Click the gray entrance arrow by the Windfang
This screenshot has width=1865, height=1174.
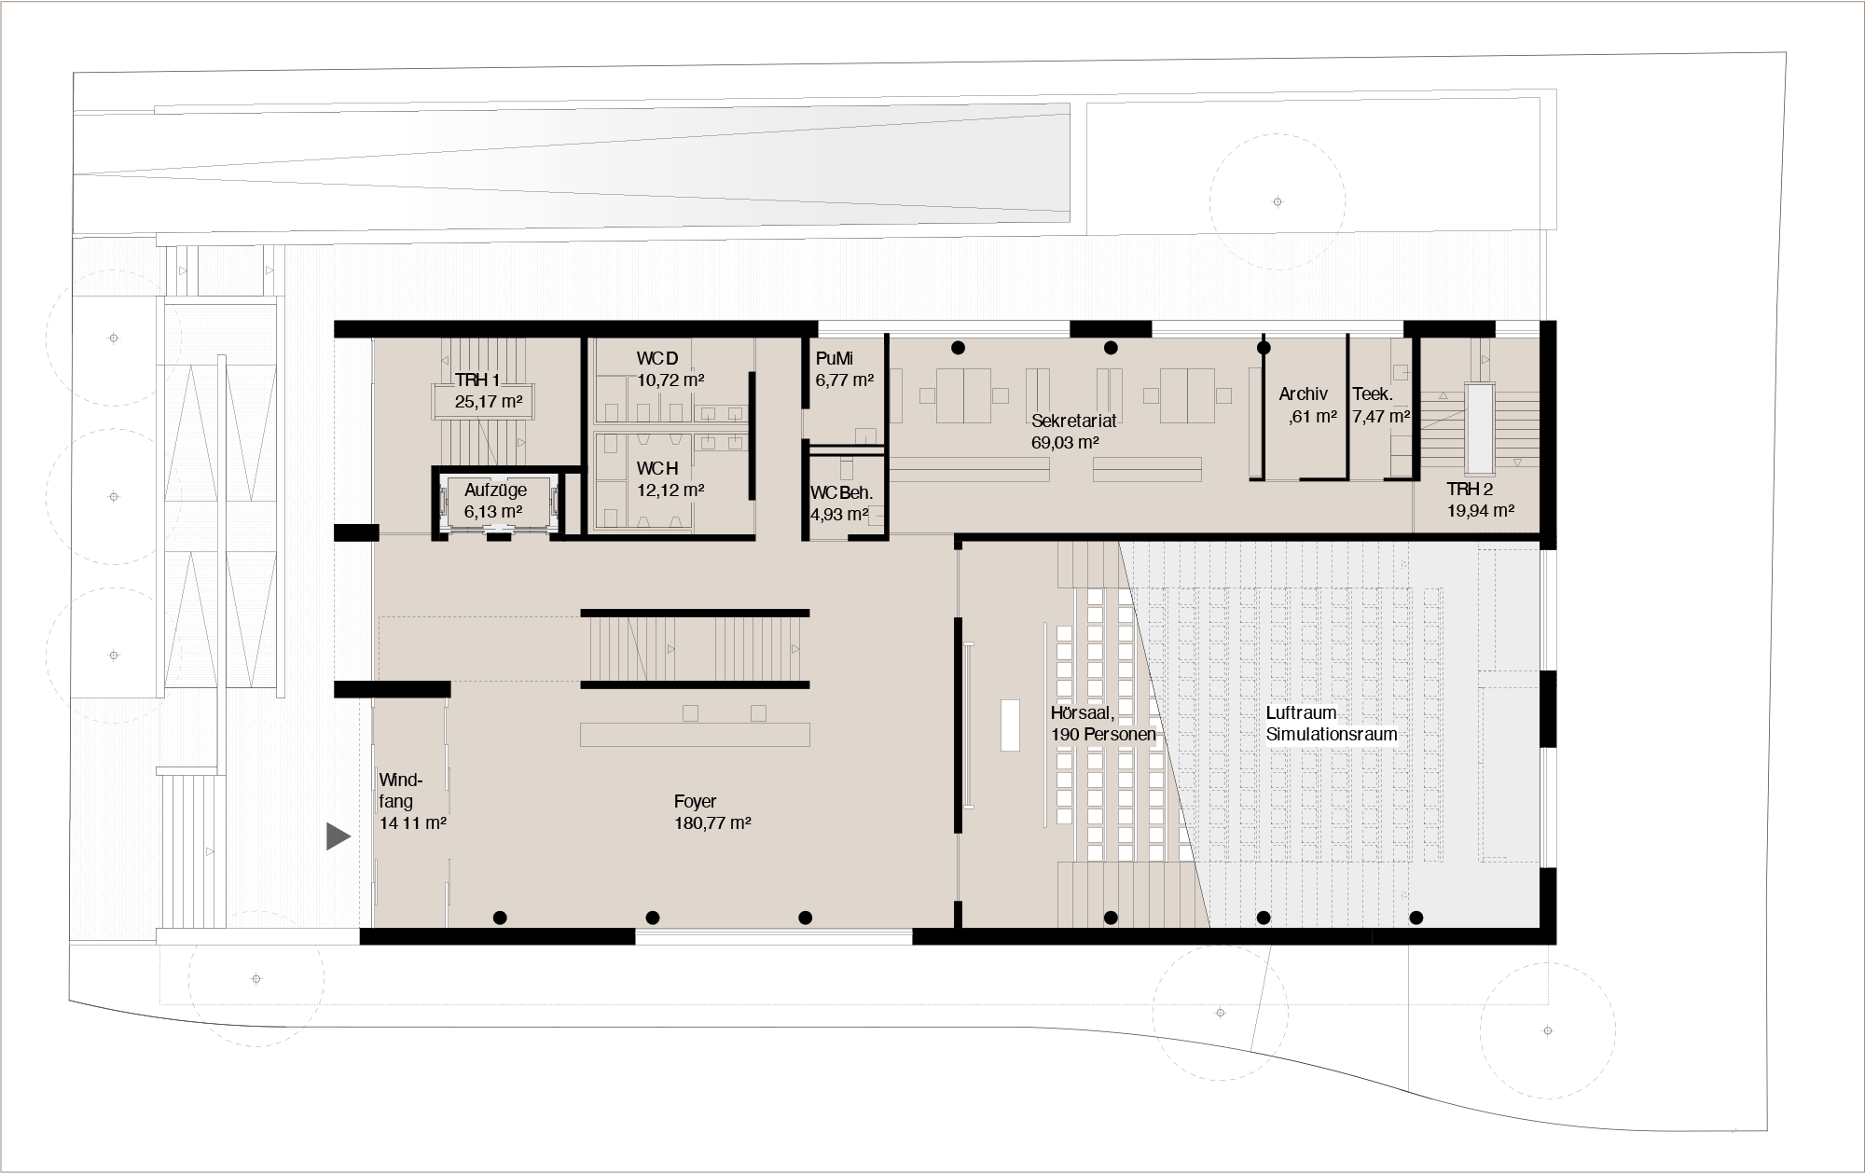(x=338, y=837)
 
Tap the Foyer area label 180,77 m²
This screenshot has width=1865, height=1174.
(x=712, y=823)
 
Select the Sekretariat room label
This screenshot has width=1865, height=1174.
(x=1074, y=421)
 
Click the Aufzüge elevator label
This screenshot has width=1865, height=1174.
(x=495, y=490)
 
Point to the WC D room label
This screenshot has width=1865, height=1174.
(x=657, y=359)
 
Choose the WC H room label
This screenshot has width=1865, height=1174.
(x=657, y=468)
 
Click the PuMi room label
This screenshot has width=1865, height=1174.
(x=835, y=359)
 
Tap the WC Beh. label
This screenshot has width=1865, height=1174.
(x=842, y=492)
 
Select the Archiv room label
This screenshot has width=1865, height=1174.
(x=1304, y=394)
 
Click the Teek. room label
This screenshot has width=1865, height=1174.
(x=1373, y=394)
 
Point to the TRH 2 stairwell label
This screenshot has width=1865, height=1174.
(x=1471, y=489)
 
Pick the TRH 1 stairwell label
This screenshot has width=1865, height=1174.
(x=478, y=380)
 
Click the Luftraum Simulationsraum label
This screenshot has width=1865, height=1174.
(x=1332, y=724)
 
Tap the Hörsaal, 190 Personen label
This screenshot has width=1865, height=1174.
(x=1103, y=724)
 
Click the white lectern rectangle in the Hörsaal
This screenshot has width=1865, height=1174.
(x=1010, y=725)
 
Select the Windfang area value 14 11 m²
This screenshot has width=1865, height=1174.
(x=413, y=823)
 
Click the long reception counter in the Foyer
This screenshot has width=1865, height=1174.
(x=695, y=735)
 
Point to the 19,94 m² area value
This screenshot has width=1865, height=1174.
(x=1481, y=511)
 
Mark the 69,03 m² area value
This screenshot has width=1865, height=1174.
(x=1065, y=443)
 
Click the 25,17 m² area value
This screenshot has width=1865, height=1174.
(x=489, y=403)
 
